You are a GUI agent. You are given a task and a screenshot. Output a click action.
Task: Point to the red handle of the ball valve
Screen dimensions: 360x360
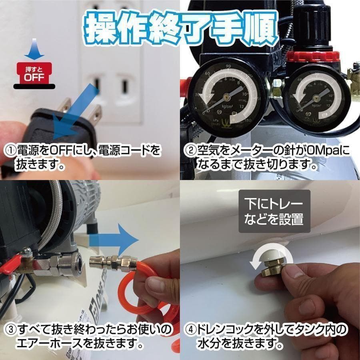click(x=12, y=267)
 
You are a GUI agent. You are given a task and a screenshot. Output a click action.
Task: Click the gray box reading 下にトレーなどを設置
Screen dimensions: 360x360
click(x=274, y=211)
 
